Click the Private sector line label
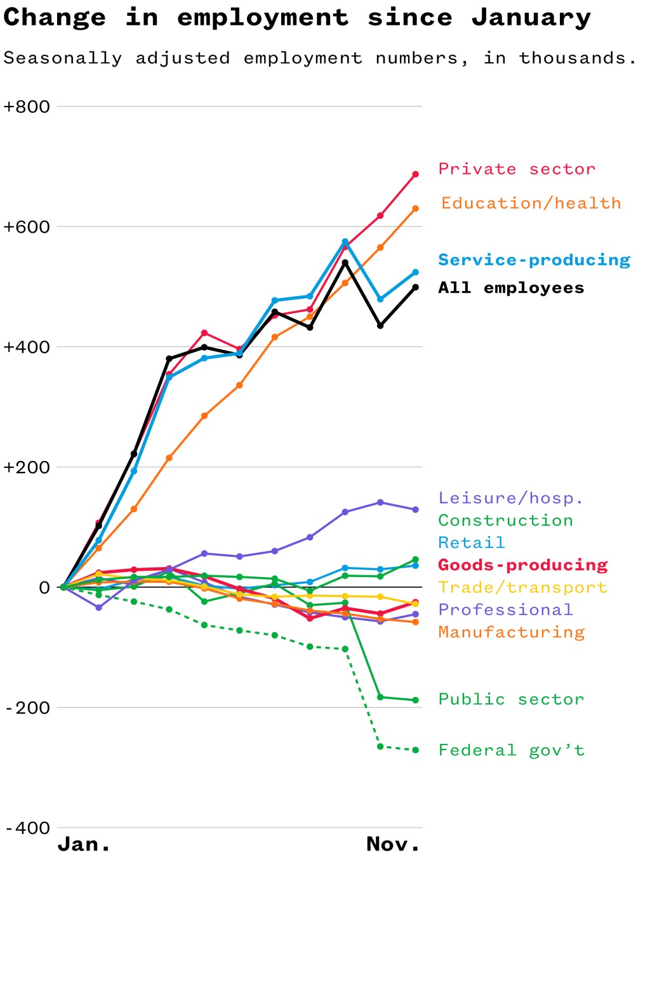pyautogui.click(x=517, y=169)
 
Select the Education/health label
pyautogui.click(x=531, y=204)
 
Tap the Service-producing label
pyautogui.click(x=534, y=260)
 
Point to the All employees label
pyautogui.click(x=511, y=288)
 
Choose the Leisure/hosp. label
pyautogui.click(x=510, y=498)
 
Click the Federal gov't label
pyautogui.click(x=511, y=750)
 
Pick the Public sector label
pyautogui.click(x=511, y=699)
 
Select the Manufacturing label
pyautogui.click(x=511, y=632)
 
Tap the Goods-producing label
pyautogui.click(x=522, y=565)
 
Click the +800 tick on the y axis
pyautogui.click(x=27, y=107)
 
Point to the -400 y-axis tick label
pyautogui.click(x=27, y=828)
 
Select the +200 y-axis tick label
pyautogui.click(x=27, y=467)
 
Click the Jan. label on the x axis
pyautogui.click(x=84, y=844)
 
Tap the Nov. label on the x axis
pyautogui.click(x=393, y=844)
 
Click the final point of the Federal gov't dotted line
pyautogui.click(x=416, y=750)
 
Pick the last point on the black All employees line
pyautogui.click(x=416, y=287)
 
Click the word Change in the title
pyautogui.click(x=55, y=18)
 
